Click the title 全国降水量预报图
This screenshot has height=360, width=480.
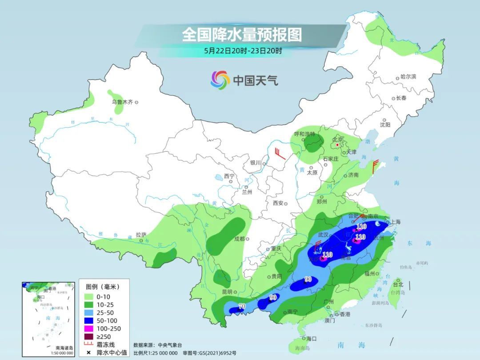point(242,35)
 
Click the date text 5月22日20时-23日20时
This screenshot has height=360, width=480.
point(243,51)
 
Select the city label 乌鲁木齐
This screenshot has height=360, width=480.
point(122,102)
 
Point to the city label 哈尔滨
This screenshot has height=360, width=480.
point(408,77)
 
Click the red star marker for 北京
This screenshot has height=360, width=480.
point(337,145)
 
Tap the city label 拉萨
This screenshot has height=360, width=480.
point(141,235)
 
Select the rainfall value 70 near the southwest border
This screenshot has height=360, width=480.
point(242,306)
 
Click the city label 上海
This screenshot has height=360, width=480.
point(396,222)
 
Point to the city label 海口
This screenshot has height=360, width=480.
point(311,339)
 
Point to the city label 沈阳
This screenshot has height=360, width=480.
point(385,125)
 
